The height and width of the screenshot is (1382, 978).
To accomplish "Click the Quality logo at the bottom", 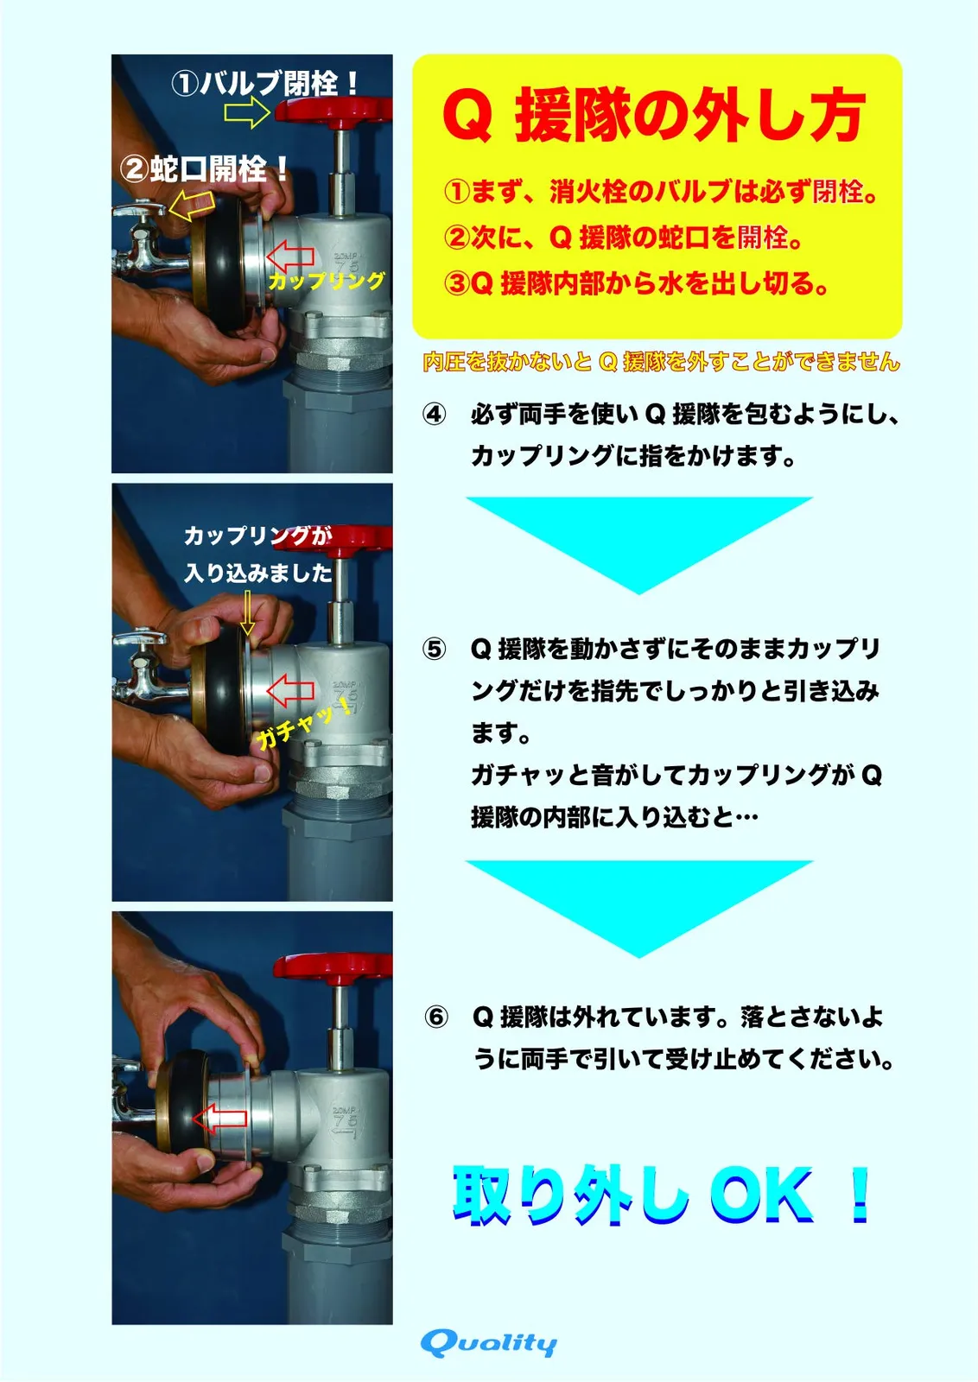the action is (x=488, y=1342).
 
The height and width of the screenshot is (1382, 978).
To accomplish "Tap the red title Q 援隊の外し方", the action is (x=654, y=116).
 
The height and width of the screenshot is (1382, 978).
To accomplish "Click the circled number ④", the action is (x=434, y=415).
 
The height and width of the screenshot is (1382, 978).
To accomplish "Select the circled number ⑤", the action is (x=434, y=649).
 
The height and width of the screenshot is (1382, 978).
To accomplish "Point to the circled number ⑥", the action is (x=436, y=1017).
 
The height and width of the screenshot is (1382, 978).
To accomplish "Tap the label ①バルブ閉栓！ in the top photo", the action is (x=264, y=83).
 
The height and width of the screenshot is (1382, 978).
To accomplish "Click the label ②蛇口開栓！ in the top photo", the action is (x=204, y=168).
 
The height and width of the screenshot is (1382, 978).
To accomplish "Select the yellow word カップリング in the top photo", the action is (x=327, y=281).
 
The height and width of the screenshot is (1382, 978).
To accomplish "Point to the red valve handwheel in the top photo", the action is (x=333, y=112).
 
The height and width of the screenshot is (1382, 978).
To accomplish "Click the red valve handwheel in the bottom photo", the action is (x=333, y=968).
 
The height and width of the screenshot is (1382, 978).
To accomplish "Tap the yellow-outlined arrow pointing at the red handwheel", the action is (x=247, y=112).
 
